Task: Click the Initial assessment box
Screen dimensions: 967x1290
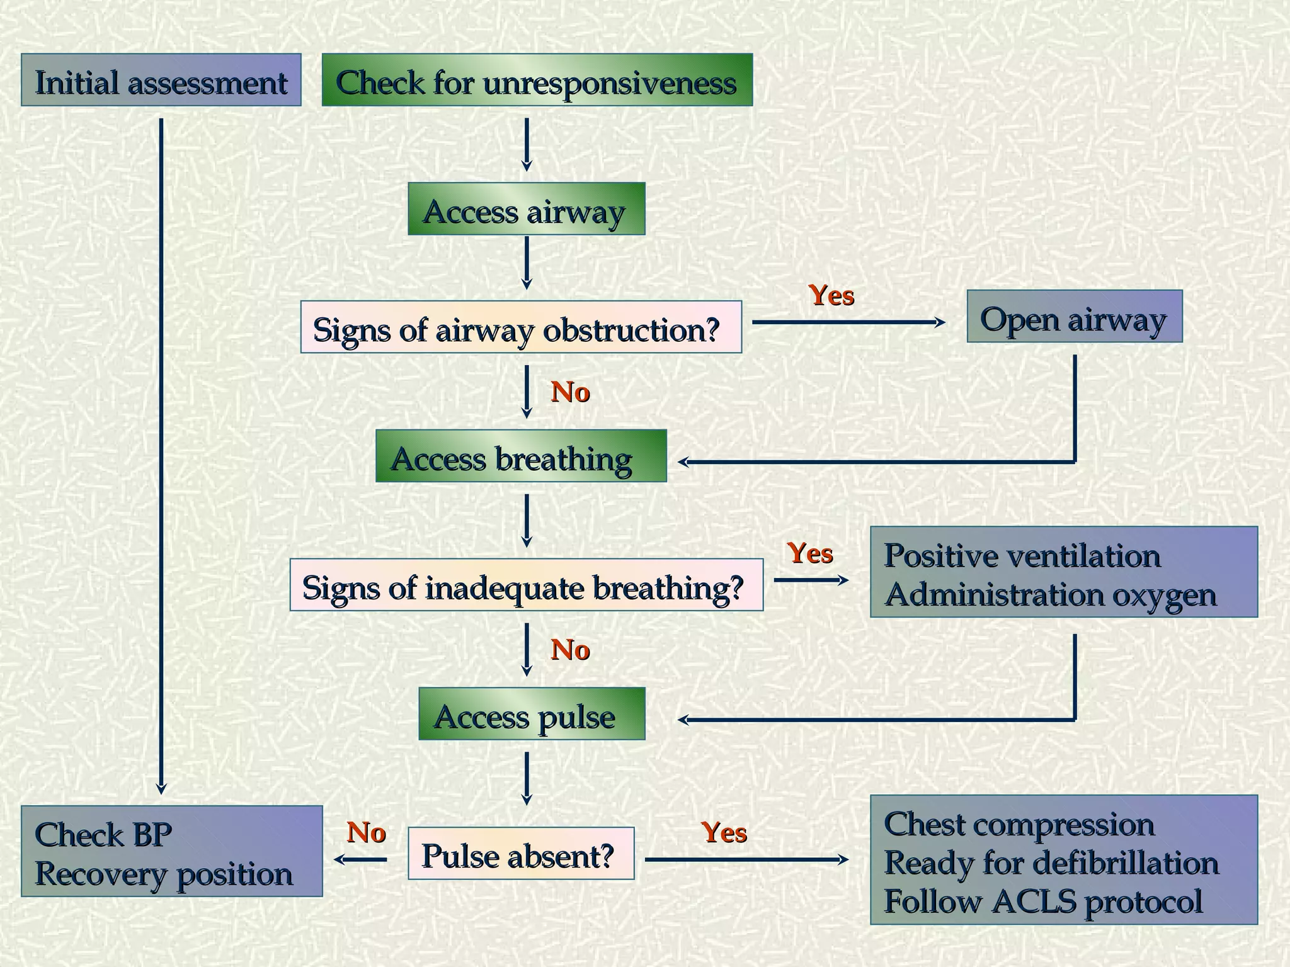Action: (161, 80)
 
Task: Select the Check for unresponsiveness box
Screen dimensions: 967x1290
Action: (537, 80)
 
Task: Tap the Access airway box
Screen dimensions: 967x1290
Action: (526, 209)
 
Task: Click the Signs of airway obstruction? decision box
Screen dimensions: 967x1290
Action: (521, 327)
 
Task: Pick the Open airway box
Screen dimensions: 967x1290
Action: (1074, 317)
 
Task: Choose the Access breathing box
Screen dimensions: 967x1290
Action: (520, 456)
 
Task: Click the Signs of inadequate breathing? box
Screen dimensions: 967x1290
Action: (526, 585)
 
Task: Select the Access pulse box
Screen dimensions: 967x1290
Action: (532, 714)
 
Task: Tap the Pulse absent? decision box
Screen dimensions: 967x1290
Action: (521, 854)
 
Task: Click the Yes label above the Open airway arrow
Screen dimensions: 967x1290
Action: (831, 295)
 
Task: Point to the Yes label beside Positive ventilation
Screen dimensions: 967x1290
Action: (810, 553)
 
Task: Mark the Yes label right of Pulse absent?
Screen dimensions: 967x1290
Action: (724, 832)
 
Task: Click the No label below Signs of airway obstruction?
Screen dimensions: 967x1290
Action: (570, 392)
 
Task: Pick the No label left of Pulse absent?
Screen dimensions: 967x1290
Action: (366, 832)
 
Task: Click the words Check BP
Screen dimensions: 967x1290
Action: (103, 835)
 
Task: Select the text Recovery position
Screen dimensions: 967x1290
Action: (164, 874)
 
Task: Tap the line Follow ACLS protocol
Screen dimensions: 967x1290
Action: (1043, 901)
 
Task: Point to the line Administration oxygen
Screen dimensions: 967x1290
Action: (1050, 595)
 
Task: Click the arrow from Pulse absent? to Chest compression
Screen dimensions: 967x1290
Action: (746, 859)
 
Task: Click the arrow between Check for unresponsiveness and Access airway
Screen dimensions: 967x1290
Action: (527, 145)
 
